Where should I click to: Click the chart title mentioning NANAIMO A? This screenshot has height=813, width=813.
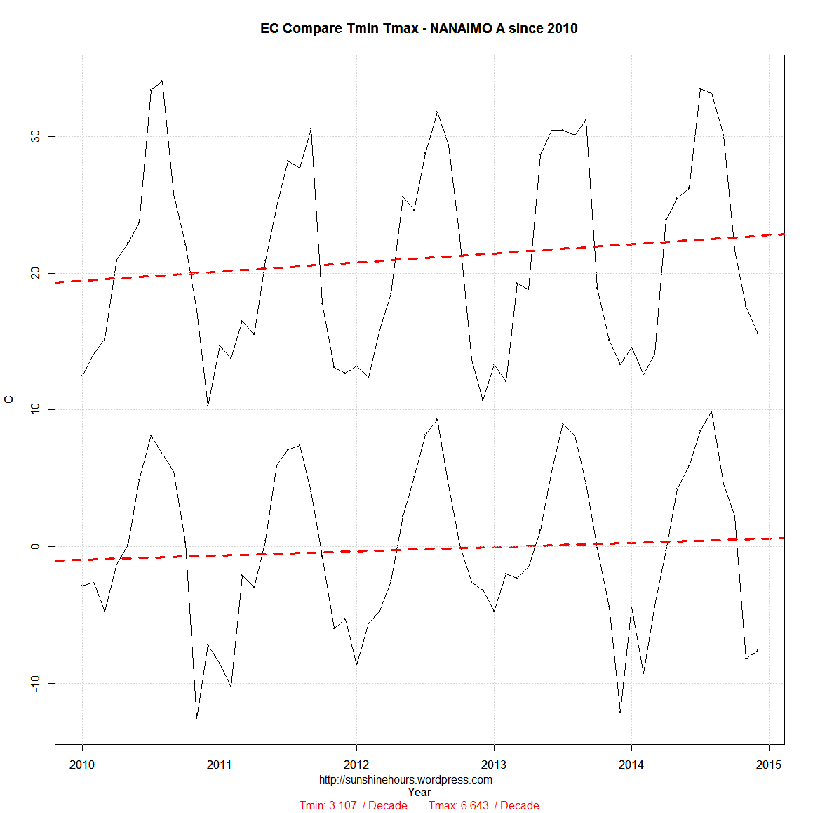[x=419, y=28]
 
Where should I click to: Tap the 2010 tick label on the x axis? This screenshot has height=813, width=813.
[x=82, y=765]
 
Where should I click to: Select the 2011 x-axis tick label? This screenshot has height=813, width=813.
[x=220, y=765]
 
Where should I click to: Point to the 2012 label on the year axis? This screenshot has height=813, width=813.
[x=356, y=765]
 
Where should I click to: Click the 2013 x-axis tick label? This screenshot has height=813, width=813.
[x=494, y=765]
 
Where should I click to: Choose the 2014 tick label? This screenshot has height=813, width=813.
[x=631, y=765]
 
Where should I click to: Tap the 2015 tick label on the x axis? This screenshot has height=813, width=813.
[x=769, y=765]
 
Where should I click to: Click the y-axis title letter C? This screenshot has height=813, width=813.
[x=9, y=399]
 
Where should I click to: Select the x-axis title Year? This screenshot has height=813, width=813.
[x=419, y=792]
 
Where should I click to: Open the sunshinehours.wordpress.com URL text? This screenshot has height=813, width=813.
[x=405, y=779]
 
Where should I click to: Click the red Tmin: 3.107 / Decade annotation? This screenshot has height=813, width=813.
[x=353, y=805]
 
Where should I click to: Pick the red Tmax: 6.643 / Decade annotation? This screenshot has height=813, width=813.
[x=483, y=805]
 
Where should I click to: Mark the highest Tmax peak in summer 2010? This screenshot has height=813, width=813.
[x=162, y=81]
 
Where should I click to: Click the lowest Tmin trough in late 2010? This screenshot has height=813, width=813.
[x=196, y=718]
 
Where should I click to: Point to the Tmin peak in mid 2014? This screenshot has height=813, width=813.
[x=711, y=411]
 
